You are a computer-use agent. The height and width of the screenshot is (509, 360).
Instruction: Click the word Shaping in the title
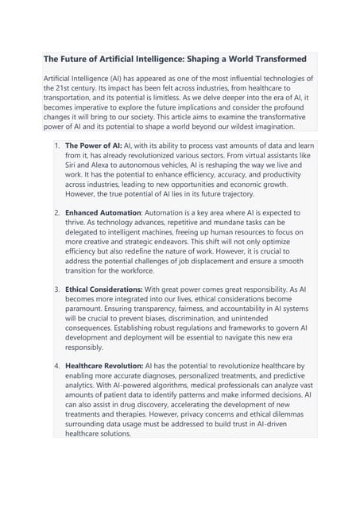[206, 59]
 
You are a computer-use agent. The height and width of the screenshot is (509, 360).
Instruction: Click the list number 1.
[56, 146]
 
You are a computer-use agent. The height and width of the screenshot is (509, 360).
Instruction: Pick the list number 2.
[56, 213]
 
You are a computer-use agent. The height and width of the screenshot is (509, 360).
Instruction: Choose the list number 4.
[56, 367]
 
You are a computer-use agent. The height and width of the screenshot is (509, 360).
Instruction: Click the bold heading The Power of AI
[93, 146]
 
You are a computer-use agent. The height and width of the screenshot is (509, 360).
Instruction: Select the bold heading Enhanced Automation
[103, 213]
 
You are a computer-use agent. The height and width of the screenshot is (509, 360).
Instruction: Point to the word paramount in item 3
[87, 309]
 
